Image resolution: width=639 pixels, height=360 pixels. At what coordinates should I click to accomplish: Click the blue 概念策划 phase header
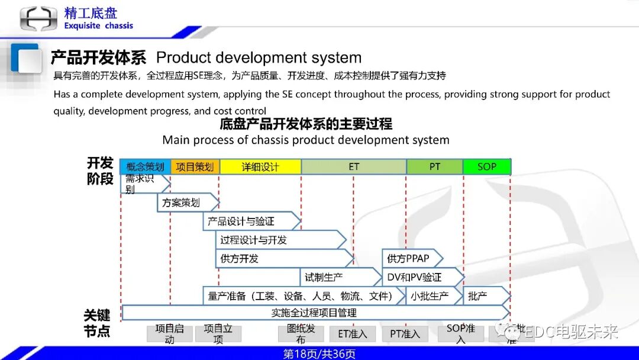point(145,167)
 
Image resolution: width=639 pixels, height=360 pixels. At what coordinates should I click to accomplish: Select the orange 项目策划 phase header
point(195,167)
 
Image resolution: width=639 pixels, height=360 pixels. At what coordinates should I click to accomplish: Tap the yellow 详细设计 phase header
point(260,167)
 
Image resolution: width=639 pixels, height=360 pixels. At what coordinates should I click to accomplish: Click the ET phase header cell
point(353,167)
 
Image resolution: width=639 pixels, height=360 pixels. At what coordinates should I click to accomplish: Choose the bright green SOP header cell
point(486,167)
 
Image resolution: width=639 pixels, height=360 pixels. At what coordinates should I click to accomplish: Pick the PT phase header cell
point(434,167)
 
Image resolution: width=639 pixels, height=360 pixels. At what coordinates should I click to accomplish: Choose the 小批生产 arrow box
point(431,296)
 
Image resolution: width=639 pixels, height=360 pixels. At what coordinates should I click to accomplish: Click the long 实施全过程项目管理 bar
point(314,313)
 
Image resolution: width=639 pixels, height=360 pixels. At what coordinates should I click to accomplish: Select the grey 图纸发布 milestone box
point(301,334)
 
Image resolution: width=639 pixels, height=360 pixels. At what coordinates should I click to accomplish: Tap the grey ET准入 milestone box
point(353,334)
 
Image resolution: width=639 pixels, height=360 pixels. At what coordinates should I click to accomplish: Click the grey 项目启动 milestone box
point(169,334)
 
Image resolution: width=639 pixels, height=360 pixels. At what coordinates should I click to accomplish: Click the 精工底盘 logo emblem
point(38,18)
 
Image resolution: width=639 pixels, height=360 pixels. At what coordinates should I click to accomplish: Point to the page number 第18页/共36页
point(319,354)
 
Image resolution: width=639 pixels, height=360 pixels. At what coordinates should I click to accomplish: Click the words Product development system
point(259,58)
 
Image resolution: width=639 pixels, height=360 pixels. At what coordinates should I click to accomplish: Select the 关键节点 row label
point(97,323)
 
